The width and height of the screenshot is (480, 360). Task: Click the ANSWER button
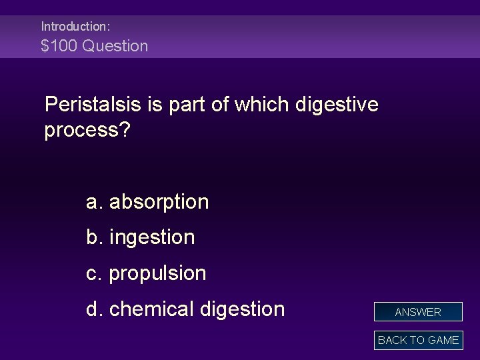[x=418, y=312]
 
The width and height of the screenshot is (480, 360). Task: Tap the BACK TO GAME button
[x=418, y=340]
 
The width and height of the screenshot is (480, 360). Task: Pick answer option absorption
[x=159, y=201]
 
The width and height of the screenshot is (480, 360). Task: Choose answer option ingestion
[x=152, y=237]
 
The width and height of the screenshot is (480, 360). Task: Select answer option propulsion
[x=157, y=273]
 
